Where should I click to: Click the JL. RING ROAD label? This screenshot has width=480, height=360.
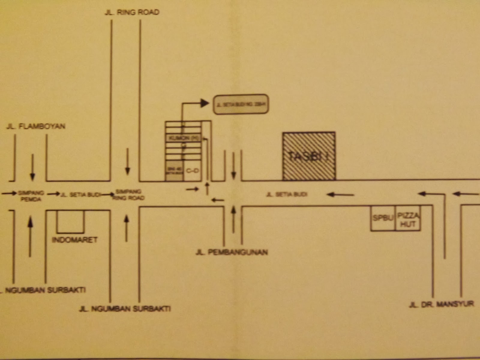(132, 12)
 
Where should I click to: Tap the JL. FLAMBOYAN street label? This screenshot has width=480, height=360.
(36, 126)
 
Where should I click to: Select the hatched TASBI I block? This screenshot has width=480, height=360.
(309, 156)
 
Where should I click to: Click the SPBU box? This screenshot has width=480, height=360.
(383, 218)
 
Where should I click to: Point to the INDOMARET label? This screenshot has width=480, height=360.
(75, 240)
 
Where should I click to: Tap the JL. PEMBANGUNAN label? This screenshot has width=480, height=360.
(232, 252)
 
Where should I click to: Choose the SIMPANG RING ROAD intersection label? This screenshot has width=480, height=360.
(128, 195)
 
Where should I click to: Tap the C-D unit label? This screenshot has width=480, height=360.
(192, 171)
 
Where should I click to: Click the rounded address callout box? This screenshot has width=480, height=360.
(241, 105)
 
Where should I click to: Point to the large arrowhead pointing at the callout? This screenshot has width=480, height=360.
(205, 103)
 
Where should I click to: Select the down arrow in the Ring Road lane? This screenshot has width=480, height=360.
(127, 162)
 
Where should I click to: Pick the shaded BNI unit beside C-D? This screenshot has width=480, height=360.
(174, 171)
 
